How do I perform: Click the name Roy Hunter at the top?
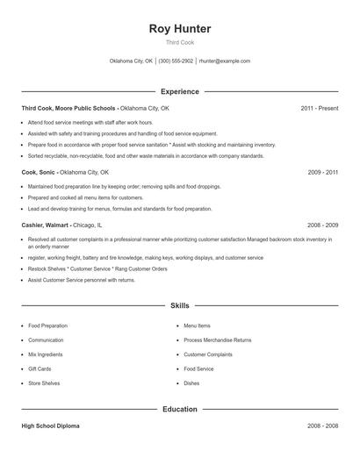pyautogui.click(x=179, y=28)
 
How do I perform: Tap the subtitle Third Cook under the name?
pyautogui.click(x=179, y=43)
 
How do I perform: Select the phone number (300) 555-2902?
pyautogui.click(x=176, y=61)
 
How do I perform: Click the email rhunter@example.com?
pyautogui.click(x=225, y=61)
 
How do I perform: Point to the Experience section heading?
pyautogui.click(x=179, y=91)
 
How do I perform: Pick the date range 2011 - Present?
pyautogui.click(x=319, y=108)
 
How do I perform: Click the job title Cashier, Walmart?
pyautogui.click(x=46, y=225)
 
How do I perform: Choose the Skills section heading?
pyautogui.click(x=179, y=305)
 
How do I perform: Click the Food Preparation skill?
pyautogui.click(x=47, y=325)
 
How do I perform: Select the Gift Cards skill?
pyautogui.click(x=40, y=369)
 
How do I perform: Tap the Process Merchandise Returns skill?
pyautogui.click(x=217, y=340)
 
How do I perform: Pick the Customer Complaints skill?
pyautogui.click(x=208, y=354)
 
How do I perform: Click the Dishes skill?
pyautogui.click(x=191, y=383)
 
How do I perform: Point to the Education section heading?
pyautogui.click(x=179, y=409)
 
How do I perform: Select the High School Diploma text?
pyautogui.click(x=50, y=426)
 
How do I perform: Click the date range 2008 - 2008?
pyautogui.click(x=322, y=426)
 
